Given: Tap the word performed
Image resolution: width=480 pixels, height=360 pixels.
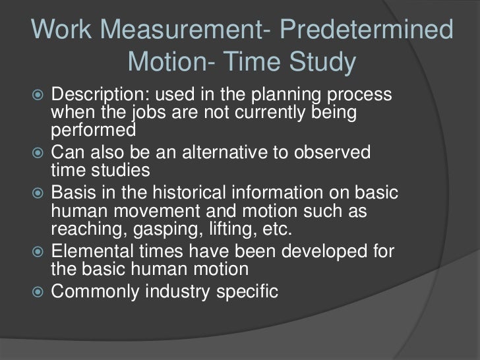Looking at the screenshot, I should click(x=92, y=129).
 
